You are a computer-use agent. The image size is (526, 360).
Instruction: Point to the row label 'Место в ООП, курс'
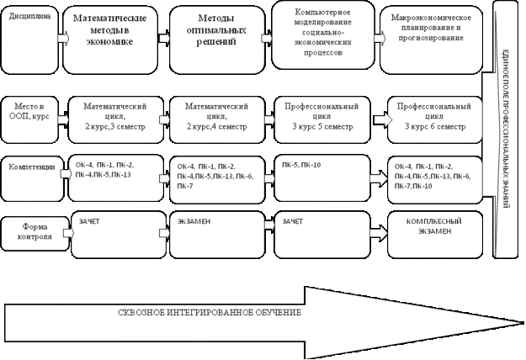(30, 114)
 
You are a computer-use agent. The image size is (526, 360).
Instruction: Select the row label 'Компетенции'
(32, 167)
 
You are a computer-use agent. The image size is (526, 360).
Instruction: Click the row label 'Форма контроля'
(34, 230)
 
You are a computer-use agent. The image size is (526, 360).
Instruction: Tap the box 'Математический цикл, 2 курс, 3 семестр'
(114, 116)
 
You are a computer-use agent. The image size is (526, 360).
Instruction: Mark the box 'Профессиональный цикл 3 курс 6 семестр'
(433, 116)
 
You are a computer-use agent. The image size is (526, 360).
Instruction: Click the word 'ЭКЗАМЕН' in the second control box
(194, 220)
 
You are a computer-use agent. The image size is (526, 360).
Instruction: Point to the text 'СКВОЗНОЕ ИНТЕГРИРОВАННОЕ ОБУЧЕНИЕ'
(208, 313)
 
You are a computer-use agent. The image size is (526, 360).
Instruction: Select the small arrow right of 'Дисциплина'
(63, 39)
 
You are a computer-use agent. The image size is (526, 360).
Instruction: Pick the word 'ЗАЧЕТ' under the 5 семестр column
(293, 220)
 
